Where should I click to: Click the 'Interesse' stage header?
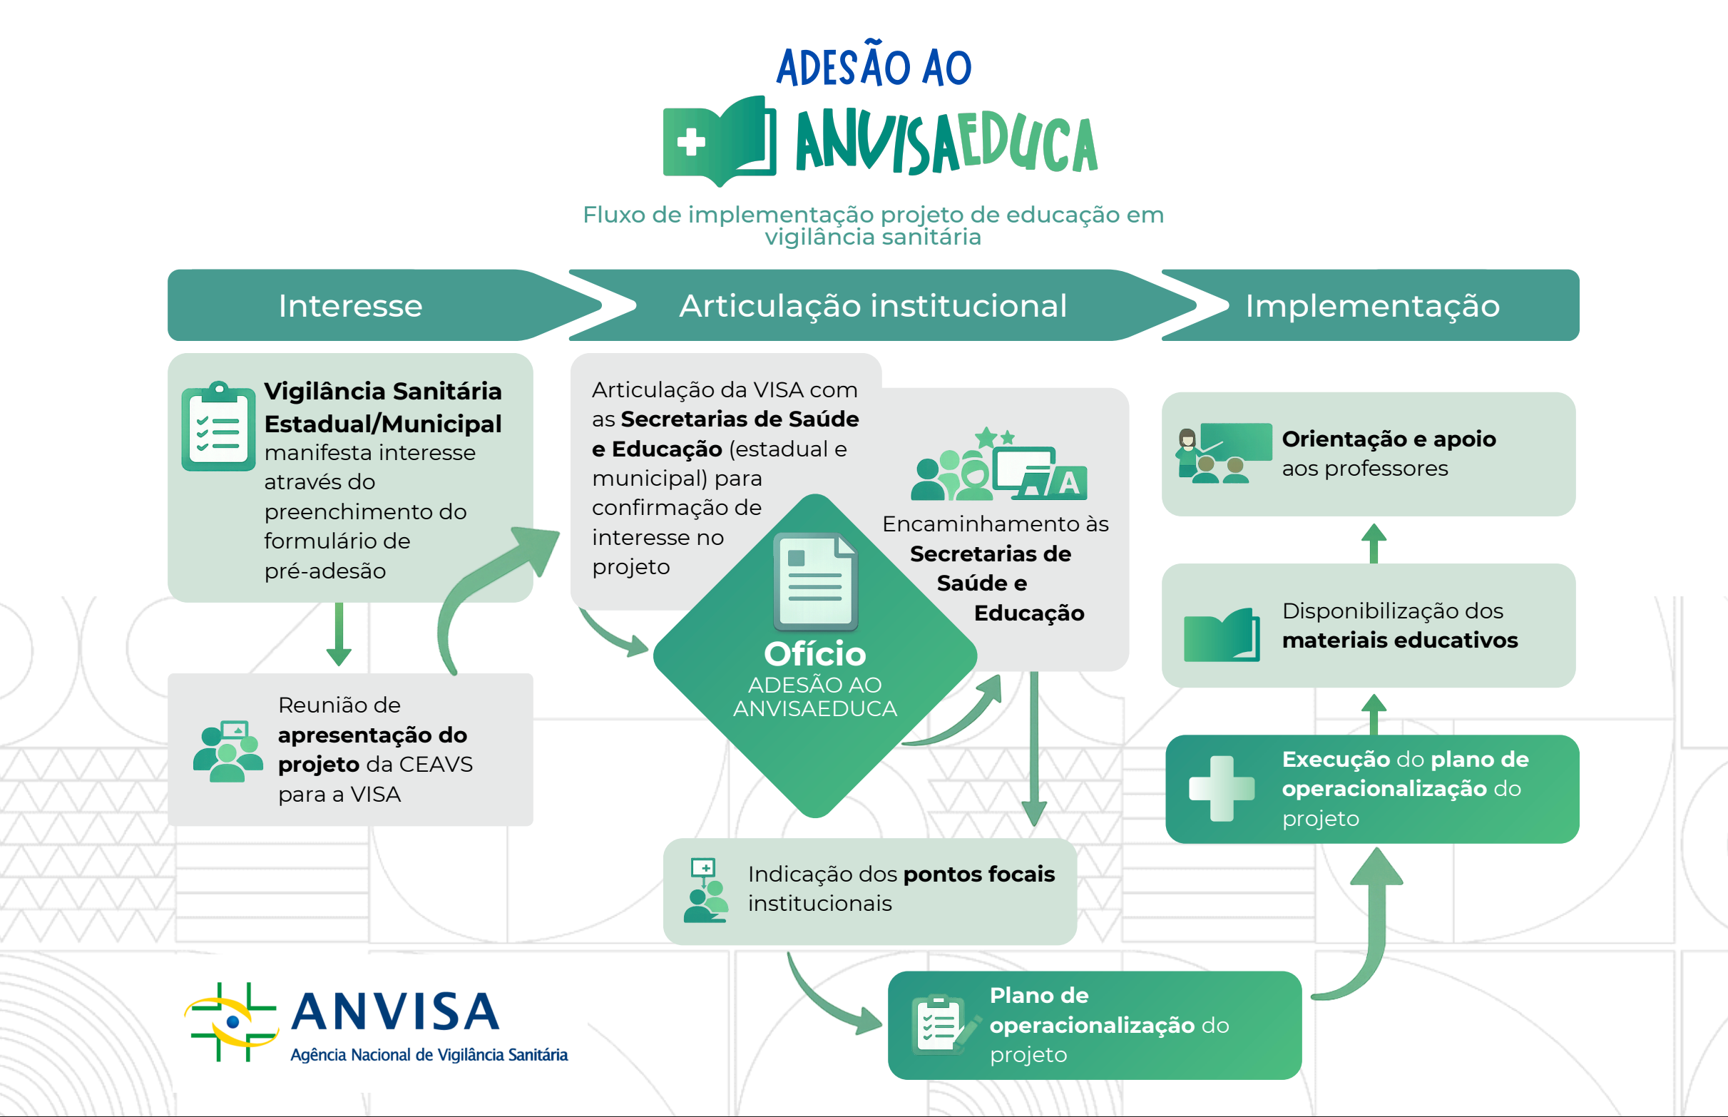click(350, 306)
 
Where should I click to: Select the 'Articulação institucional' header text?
click(872, 306)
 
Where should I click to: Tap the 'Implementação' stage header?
click(1372, 306)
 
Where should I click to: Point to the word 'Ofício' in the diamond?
click(814, 654)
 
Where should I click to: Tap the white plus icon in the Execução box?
click(1221, 788)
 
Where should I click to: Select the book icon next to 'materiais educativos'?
click(1221, 635)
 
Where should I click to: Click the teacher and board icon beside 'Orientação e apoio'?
click(1222, 454)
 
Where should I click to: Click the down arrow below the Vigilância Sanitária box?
click(339, 634)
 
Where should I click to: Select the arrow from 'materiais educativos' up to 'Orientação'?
click(1374, 543)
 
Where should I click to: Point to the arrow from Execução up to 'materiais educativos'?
click(1374, 714)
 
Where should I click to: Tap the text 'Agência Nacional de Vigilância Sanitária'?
click(429, 1055)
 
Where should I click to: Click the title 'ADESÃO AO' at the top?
click(873, 67)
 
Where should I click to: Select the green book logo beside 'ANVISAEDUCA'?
click(719, 140)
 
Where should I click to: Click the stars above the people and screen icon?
click(994, 437)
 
